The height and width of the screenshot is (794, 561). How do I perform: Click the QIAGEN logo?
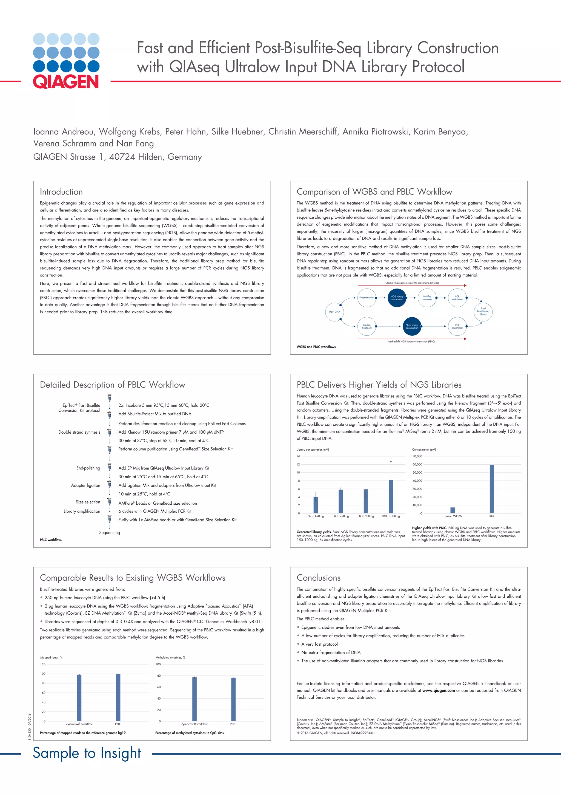tap(66, 61)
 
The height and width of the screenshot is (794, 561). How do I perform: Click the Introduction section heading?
tap(61, 192)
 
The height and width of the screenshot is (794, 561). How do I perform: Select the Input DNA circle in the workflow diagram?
tap(334, 312)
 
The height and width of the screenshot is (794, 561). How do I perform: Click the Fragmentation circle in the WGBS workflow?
tap(367, 297)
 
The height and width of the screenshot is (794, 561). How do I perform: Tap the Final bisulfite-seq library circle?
tap(483, 311)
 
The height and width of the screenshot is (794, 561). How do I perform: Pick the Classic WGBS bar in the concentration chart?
tap(453, 510)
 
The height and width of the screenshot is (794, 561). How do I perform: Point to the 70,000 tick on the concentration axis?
tap(417, 456)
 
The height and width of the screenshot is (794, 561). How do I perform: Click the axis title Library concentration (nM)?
tap(313, 450)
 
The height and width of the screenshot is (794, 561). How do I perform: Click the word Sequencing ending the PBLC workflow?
tap(110, 533)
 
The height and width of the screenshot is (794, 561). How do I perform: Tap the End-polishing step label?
tap(88, 468)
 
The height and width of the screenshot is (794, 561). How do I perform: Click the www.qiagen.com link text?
tap(438, 690)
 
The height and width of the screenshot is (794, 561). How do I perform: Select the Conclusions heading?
tap(319, 578)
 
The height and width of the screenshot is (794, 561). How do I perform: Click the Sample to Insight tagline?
tap(87, 753)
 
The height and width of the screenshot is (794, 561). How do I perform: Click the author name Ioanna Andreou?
tap(63, 132)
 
